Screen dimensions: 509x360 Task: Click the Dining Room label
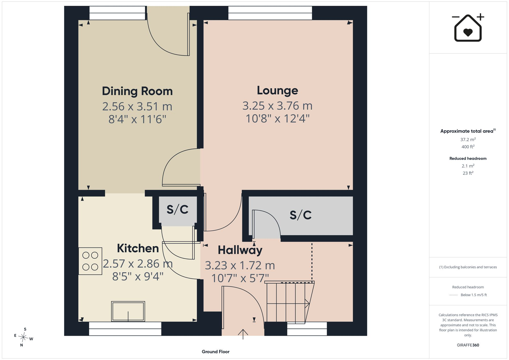137,91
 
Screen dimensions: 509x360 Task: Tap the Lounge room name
277,91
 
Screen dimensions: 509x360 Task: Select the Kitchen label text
138,248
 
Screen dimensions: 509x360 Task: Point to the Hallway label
240,250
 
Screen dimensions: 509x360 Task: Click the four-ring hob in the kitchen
90,261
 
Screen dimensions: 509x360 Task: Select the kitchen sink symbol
128,311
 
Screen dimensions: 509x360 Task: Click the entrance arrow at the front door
243,334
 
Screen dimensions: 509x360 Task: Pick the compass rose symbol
23,337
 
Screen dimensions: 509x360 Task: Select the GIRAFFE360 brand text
468,345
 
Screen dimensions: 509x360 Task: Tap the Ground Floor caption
216,352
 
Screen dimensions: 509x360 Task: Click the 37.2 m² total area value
468,139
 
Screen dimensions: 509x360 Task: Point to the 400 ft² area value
468,147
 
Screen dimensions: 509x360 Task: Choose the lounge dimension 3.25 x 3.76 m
277,106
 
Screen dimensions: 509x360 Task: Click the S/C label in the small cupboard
178,209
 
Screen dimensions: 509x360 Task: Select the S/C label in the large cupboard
301,215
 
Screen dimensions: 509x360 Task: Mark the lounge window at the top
270,13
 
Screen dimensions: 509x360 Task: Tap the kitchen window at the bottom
125,329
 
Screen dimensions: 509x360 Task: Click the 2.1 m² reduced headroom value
468,166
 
